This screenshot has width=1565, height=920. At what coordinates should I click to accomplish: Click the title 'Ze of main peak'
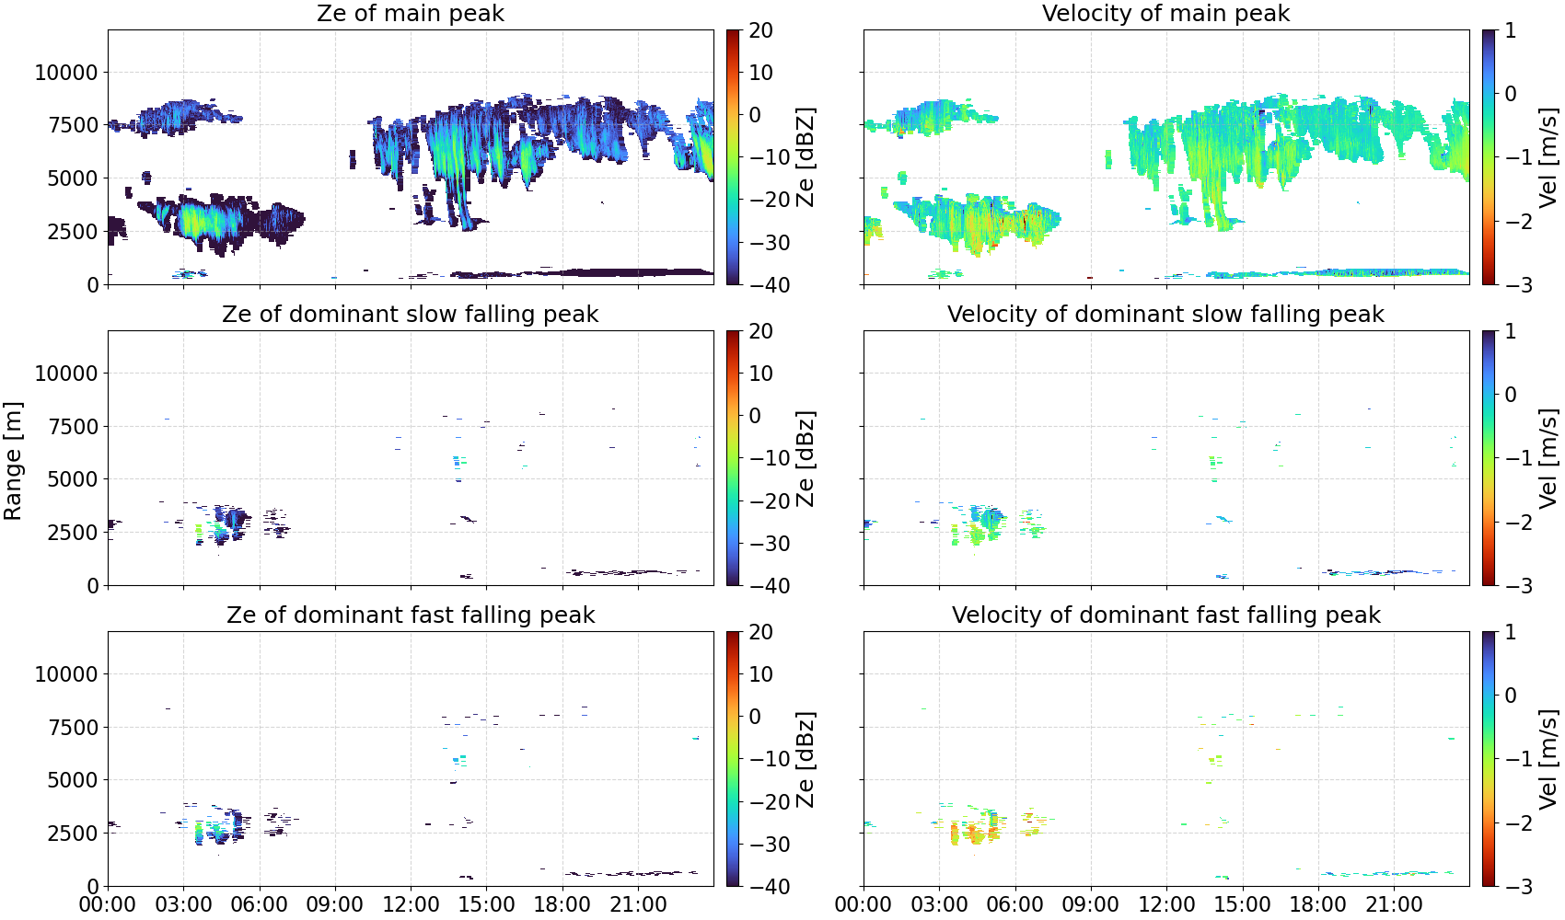(410, 13)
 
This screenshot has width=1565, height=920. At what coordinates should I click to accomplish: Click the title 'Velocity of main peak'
(1166, 13)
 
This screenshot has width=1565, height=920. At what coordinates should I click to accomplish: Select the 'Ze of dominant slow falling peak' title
(410, 314)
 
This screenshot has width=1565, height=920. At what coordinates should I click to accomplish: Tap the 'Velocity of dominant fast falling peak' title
(1166, 615)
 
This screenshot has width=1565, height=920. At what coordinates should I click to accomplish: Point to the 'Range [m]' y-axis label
(13, 461)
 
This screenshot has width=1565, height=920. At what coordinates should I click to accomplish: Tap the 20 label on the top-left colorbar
(760, 30)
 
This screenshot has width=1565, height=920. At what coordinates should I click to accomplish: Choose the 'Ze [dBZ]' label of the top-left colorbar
(805, 157)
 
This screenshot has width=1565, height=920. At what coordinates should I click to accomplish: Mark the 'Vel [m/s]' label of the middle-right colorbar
(1548, 458)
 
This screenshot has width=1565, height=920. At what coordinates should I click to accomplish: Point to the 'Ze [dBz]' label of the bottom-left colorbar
(805, 759)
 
